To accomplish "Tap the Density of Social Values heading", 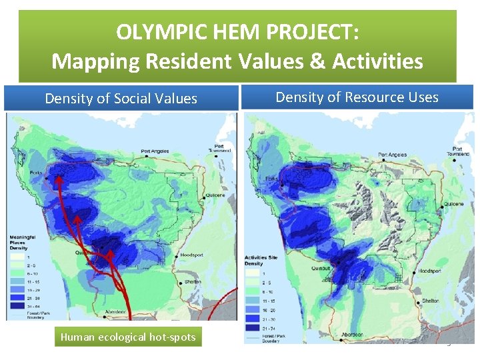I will click(x=121, y=99).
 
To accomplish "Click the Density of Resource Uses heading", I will click(x=357, y=97).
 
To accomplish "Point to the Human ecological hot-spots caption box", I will click(x=128, y=337).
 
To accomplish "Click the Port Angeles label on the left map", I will click(x=155, y=151).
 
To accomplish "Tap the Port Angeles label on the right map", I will click(x=392, y=155).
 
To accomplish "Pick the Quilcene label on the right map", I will click(x=452, y=204).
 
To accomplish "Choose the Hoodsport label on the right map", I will click(x=431, y=271).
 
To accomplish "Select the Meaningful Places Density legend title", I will click(x=22, y=241).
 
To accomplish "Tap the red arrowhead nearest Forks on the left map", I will click(x=59, y=177).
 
